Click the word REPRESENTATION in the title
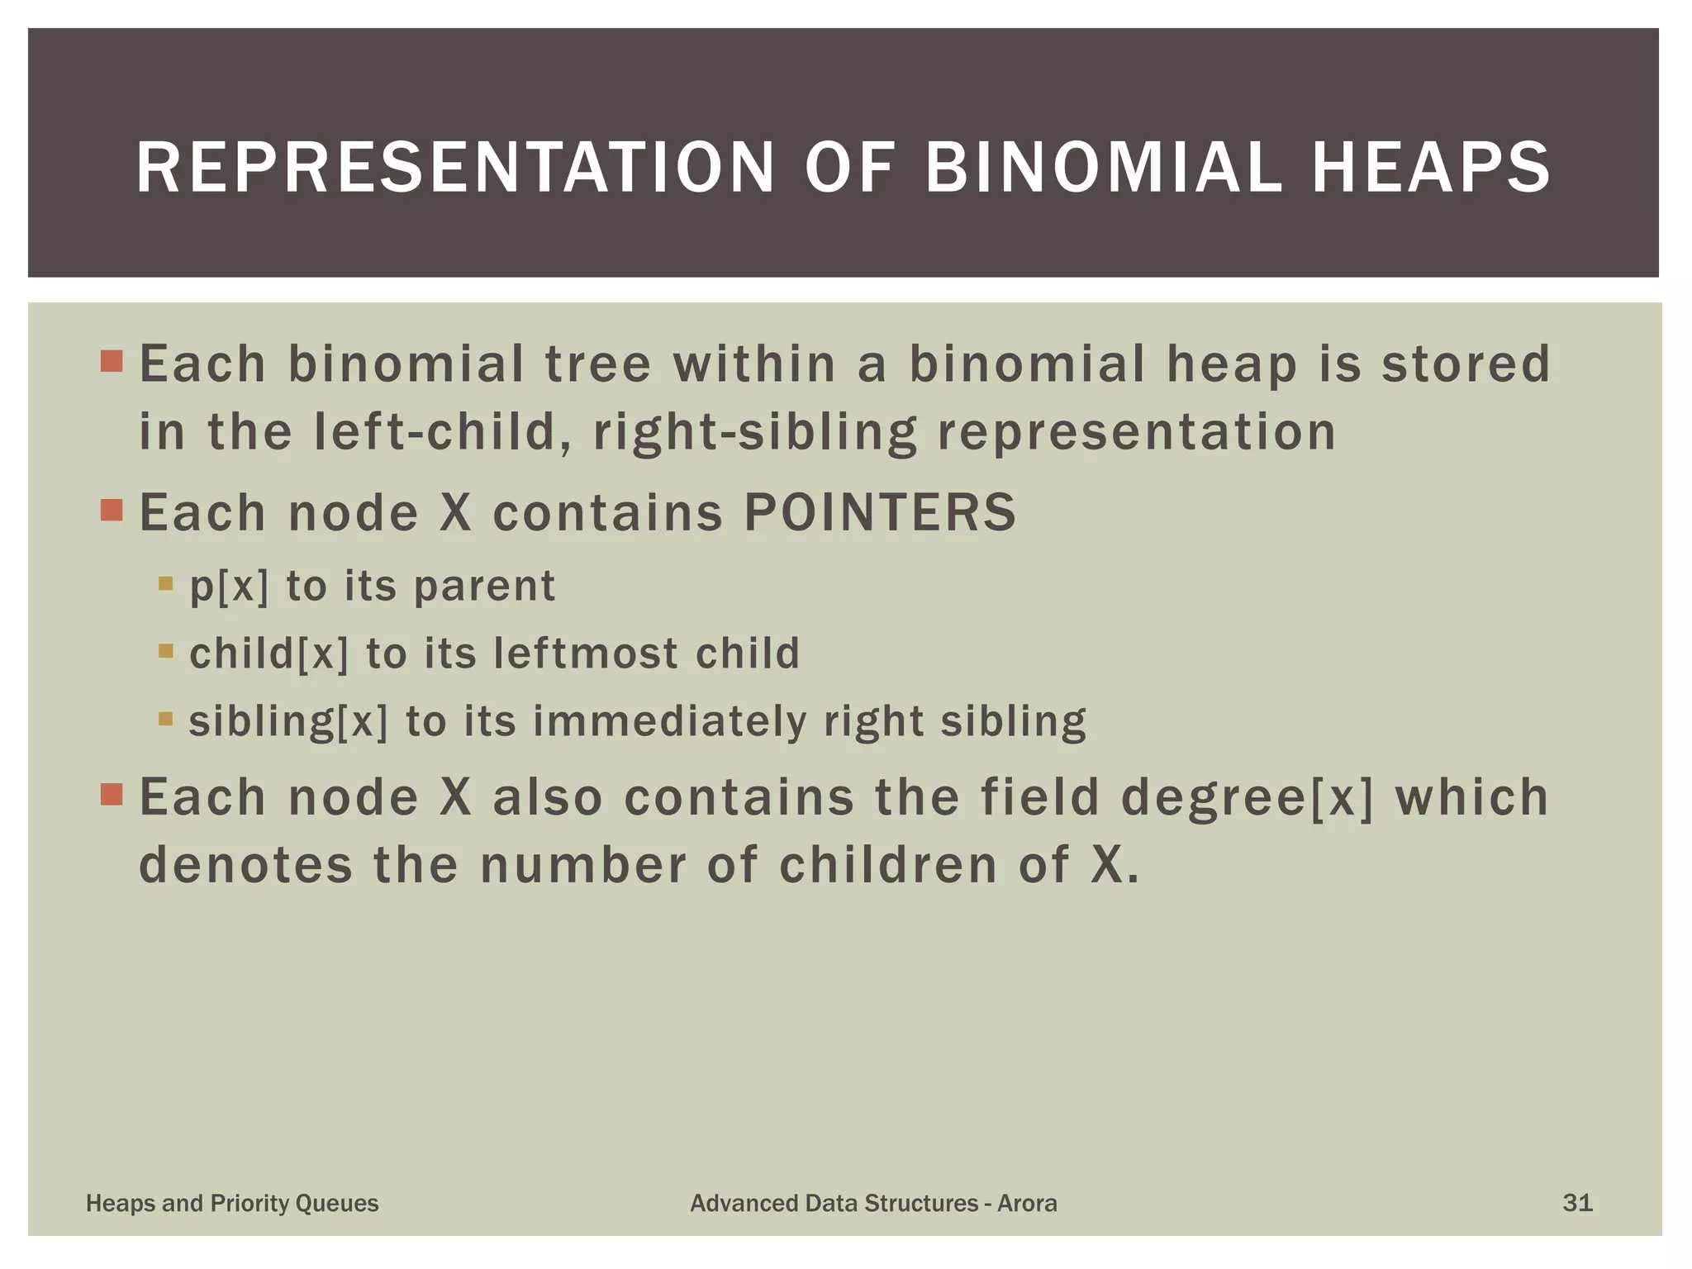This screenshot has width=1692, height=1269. tap(455, 168)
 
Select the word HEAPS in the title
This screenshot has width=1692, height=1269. tap(1431, 168)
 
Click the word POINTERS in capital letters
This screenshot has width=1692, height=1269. tap(880, 512)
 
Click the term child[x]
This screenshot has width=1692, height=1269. tap(269, 654)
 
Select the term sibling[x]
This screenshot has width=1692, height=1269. tap(288, 721)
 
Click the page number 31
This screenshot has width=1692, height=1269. tap(1577, 1203)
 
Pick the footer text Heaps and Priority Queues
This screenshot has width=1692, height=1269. tap(232, 1203)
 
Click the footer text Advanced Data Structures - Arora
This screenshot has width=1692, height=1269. tap(873, 1203)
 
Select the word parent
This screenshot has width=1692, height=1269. tap(484, 587)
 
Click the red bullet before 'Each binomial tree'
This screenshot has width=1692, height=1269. tap(112, 361)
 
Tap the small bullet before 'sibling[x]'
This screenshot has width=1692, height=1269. tap(165, 718)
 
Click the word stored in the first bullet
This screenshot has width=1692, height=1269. tap(1466, 364)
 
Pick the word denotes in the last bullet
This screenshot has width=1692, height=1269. tap(245, 865)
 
